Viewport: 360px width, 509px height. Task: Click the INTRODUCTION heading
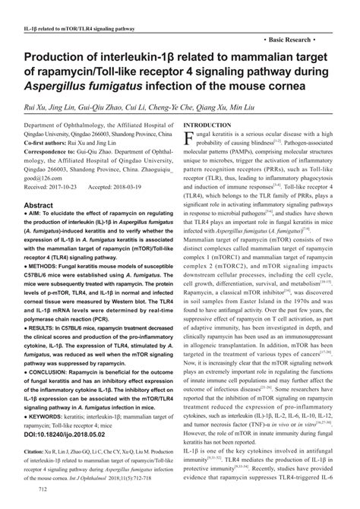pyautogui.click(x=208, y=124)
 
